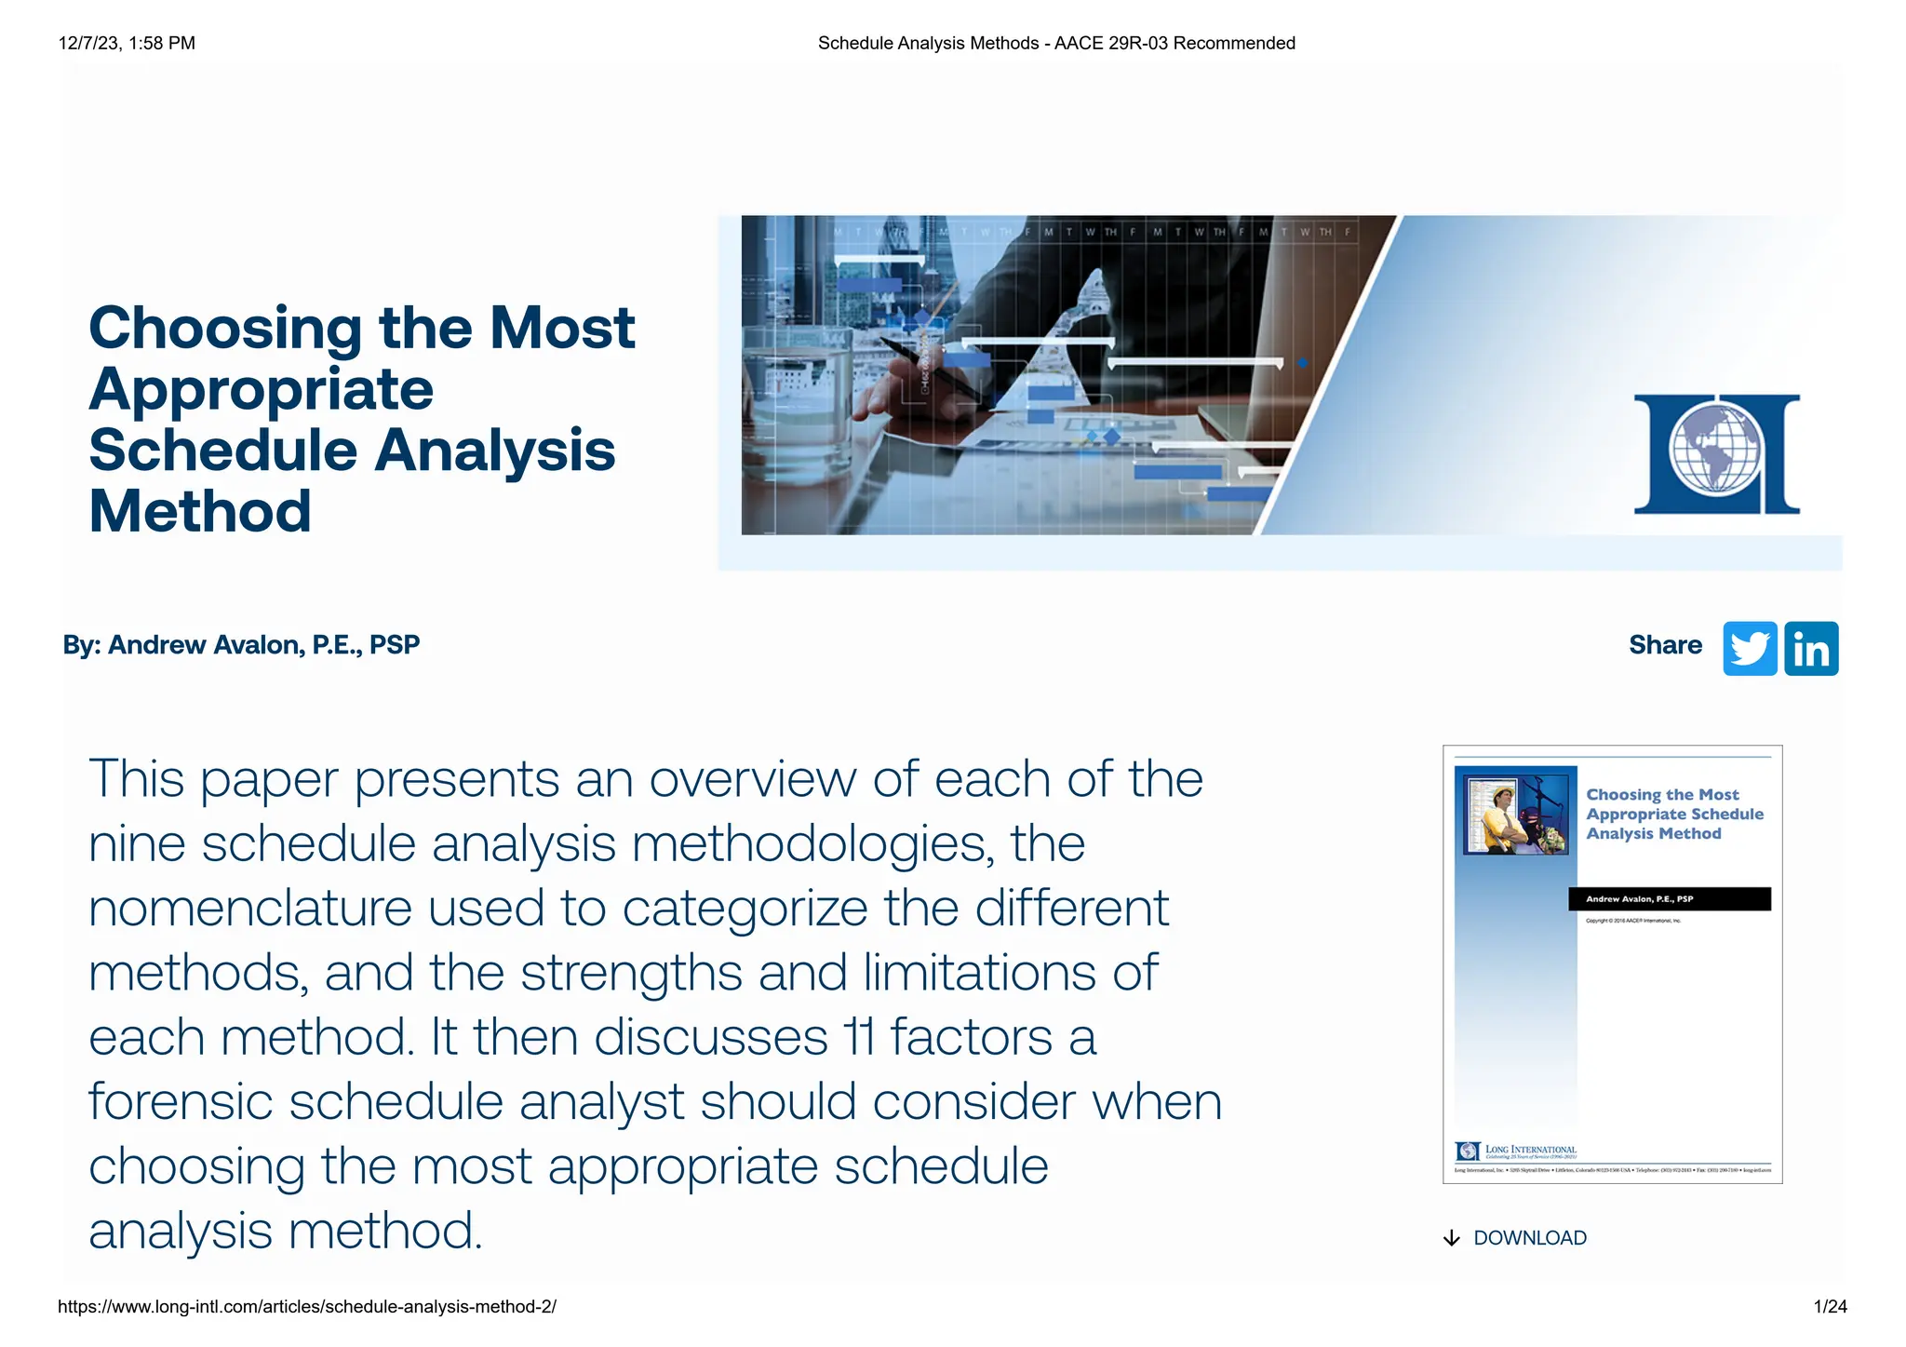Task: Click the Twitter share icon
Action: [1749, 648]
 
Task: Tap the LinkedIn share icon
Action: [1810, 648]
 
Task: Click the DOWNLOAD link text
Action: [1529, 1238]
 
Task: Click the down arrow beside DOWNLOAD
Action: [1451, 1238]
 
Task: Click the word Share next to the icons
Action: [1664, 645]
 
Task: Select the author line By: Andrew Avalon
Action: [241, 645]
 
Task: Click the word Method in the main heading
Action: [200, 511]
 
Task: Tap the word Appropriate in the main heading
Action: [262, 389]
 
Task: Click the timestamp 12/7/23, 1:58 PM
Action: [127, 43]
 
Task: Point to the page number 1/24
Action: [1830, 1307]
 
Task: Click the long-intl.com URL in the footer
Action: [307, 1307]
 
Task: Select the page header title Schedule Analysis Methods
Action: [1056, 43]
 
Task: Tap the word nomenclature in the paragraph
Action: [250, 908]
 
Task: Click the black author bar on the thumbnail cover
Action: [1669, 899]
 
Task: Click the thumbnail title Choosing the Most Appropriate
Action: [1673, 814]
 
